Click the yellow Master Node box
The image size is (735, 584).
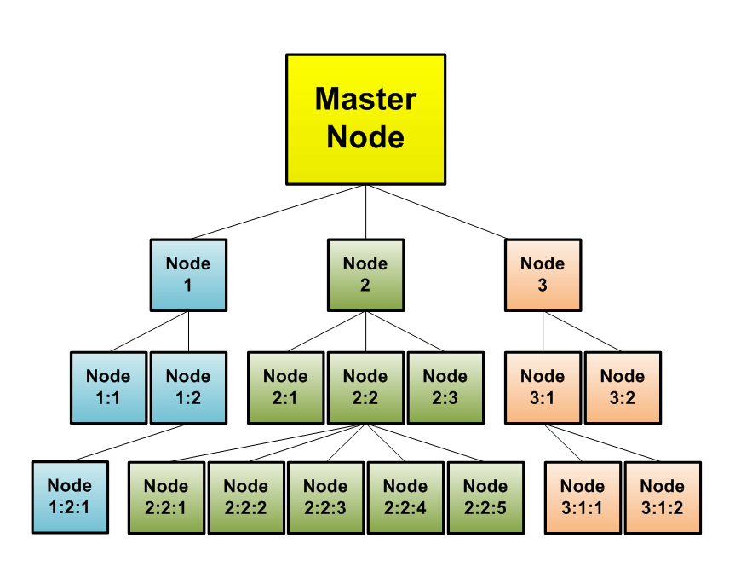coord(365,119)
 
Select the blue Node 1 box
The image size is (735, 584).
coord(188,275)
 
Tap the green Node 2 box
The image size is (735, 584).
coord(365,275)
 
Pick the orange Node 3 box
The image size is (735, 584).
coord(543,275)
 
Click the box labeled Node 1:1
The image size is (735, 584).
coord(108,387)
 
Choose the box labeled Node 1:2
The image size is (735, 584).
coord(188,387)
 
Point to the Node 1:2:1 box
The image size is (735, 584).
coord(70,497)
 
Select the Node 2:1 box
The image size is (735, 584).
coord(285,387)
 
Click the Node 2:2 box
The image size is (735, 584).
coord(365,387)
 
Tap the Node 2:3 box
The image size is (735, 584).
coord(445,387)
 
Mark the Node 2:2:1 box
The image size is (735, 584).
coord(166,498)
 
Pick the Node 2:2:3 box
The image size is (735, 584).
coord(325,498)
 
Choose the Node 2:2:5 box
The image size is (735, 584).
coord(485,498)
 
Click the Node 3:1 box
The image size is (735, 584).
coord(543,387)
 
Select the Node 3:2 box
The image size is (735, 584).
coord(623,387)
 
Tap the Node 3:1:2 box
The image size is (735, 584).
coord(663,498)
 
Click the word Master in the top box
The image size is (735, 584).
coord(365,99)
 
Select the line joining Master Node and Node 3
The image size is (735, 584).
coord(454,211)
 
